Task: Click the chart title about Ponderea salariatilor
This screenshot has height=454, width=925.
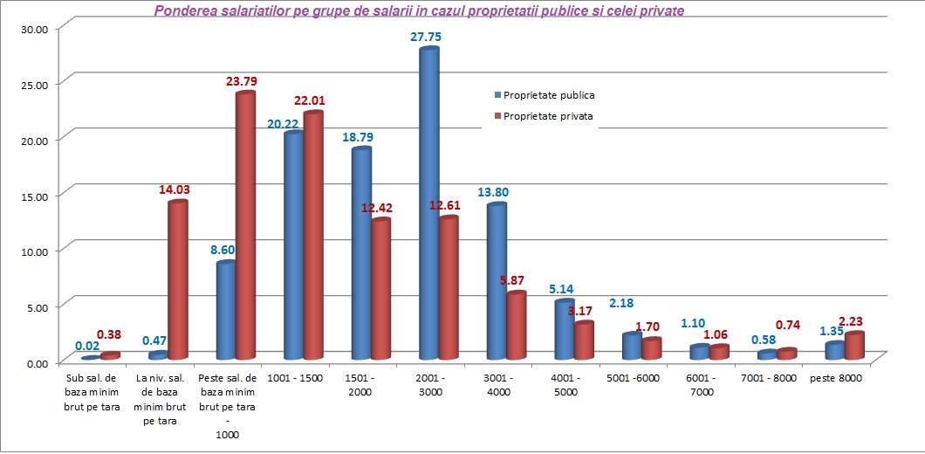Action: [419, 11]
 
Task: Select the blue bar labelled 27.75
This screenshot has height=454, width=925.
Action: [428, 205]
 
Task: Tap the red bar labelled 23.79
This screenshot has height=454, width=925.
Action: [245, 227]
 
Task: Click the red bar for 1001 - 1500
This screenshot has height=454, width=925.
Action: [313, 236]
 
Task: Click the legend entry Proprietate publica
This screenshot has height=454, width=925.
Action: [549, 95]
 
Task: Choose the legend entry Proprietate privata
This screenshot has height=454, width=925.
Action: [549, 115]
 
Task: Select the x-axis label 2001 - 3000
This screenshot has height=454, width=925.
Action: [428, 385]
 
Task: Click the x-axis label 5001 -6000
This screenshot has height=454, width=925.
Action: [632, 378]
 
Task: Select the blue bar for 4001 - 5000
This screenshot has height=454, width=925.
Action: [565, 330]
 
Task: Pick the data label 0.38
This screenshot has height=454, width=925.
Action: [109, 334]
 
